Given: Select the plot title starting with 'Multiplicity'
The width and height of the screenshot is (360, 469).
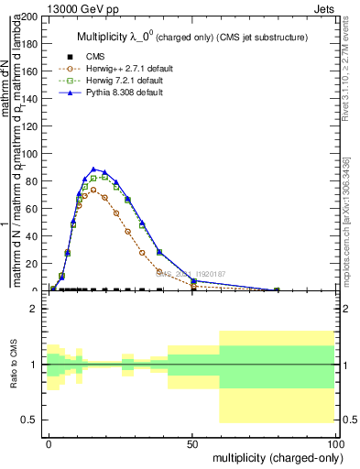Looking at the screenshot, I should point(191,36).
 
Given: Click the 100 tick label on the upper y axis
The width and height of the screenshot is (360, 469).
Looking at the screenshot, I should point(28,154).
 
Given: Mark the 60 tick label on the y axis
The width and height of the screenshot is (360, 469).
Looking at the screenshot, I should point(31,209).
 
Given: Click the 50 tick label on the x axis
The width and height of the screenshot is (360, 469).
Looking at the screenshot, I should point(192,442).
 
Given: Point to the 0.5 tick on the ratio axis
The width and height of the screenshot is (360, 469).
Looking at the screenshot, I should point(29,420).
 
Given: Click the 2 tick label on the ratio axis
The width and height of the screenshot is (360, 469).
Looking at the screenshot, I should point(34,310).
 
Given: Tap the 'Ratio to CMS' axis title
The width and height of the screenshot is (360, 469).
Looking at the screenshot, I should point(14,365).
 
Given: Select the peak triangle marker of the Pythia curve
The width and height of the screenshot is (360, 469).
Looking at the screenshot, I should point(93,169).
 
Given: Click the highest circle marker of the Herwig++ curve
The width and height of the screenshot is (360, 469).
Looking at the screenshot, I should point(93,190).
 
